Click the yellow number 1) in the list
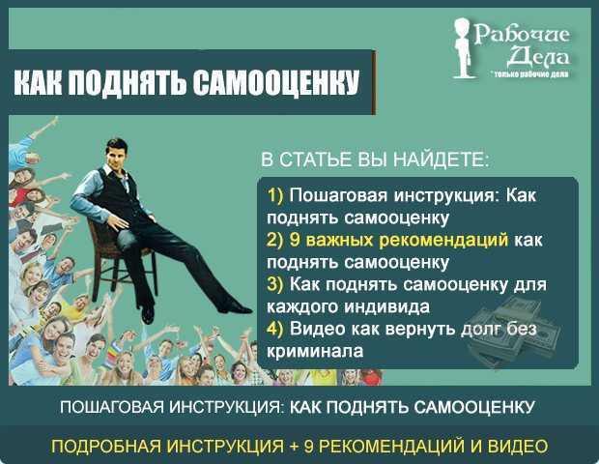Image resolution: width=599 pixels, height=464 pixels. [x=276, y=194]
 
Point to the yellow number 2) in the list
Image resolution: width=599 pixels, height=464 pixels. [x=276, y=239]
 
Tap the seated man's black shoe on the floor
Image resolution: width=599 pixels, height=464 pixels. [x=147, y=313]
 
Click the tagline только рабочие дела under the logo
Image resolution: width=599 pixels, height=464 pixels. [x=529, y=73]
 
